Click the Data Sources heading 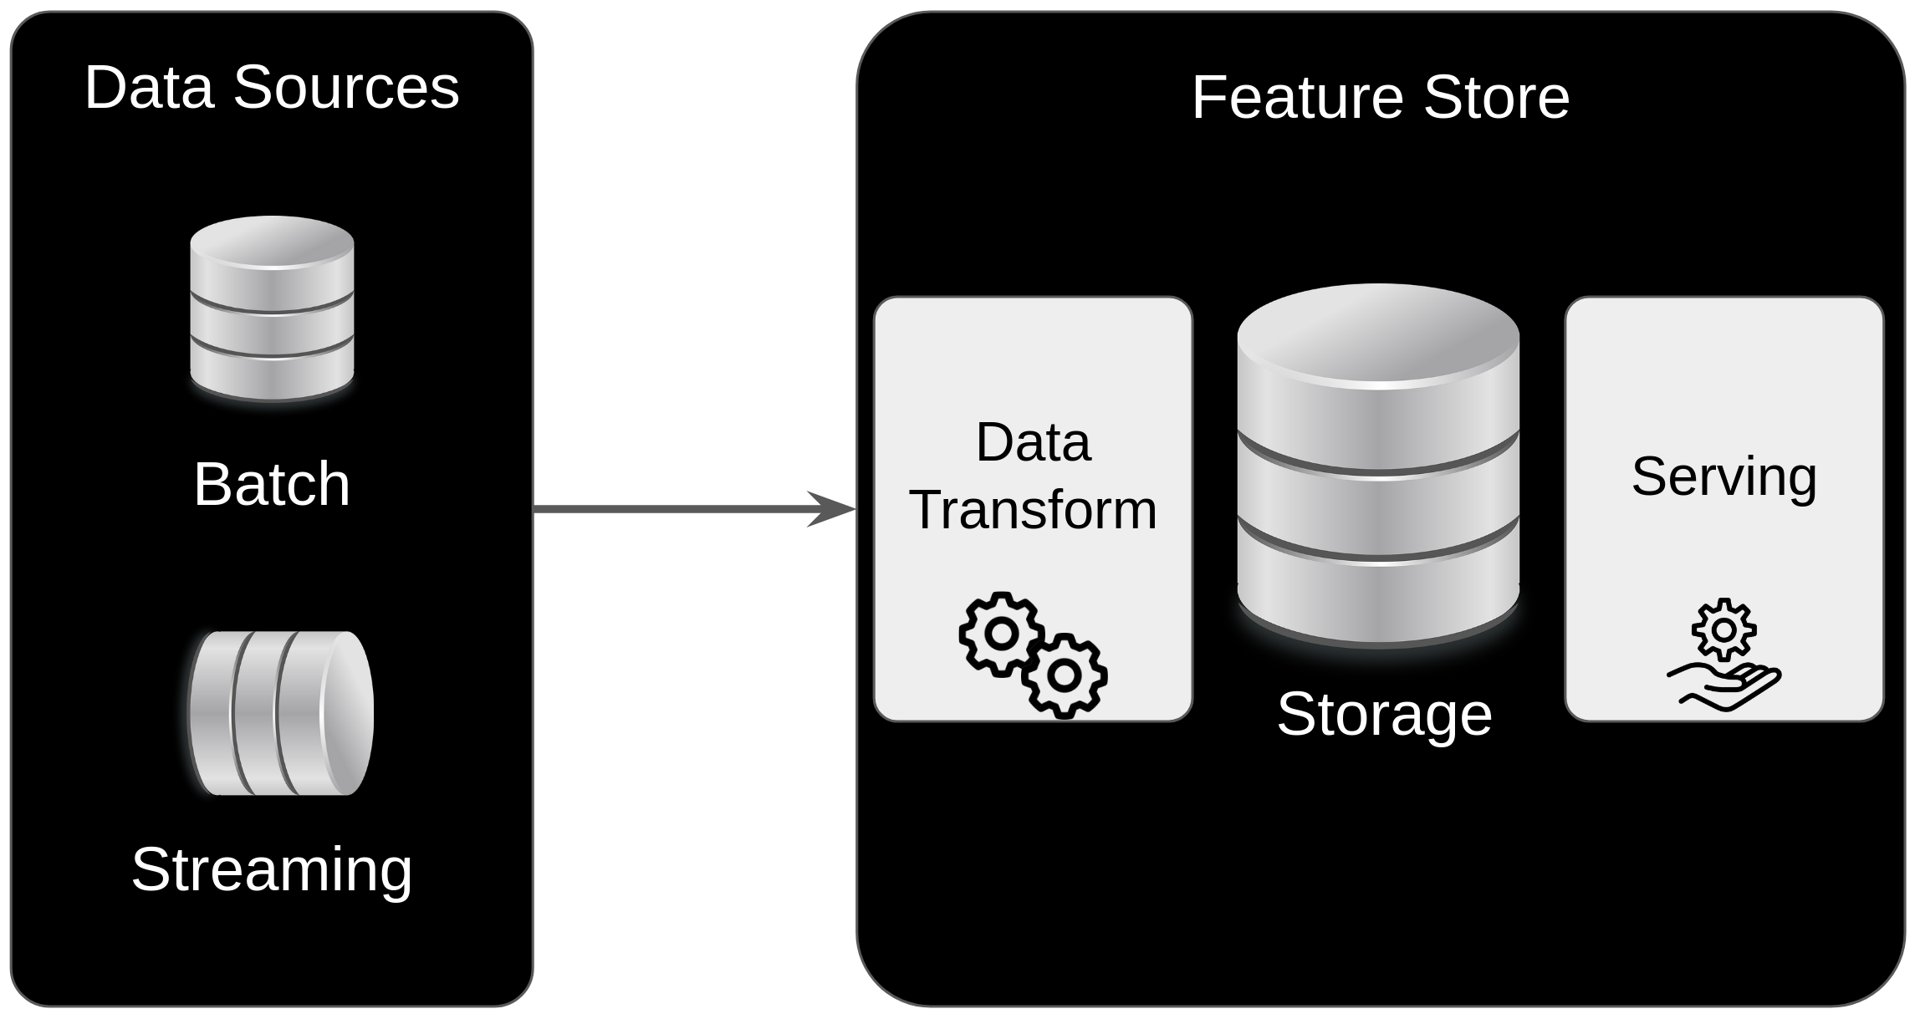pyautogui.click(x=272, y=87)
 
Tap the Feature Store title pyautogui.click(x=1380, y=97)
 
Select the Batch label pyautogui.click(x=272, y=484)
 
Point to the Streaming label pyautogui.click(x=272, y=869)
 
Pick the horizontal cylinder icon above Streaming pyautogui.click(x=281, y=713)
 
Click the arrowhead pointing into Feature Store pyautogui.click(x=832, y=509)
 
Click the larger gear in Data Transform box pyautogui.click(x=1001, y=634)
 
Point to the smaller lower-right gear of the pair pyautogui.click(x=1065, y=675)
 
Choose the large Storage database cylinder pyautogui.click(x=1378, y=493)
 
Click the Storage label pyautogui.click(x=1384, y=715)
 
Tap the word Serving pyautogui.click(x=1724, y=476)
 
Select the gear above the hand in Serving pyautogui.click(x=1723, y=629)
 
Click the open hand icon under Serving pyautogui.click(x=1724, y=689)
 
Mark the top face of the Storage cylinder pyautogui.click(x=1378, y=334)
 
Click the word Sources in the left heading pyautogui.click(x=346, y=87)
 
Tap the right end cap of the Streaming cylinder pyautogui.click(x=347, y=713)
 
